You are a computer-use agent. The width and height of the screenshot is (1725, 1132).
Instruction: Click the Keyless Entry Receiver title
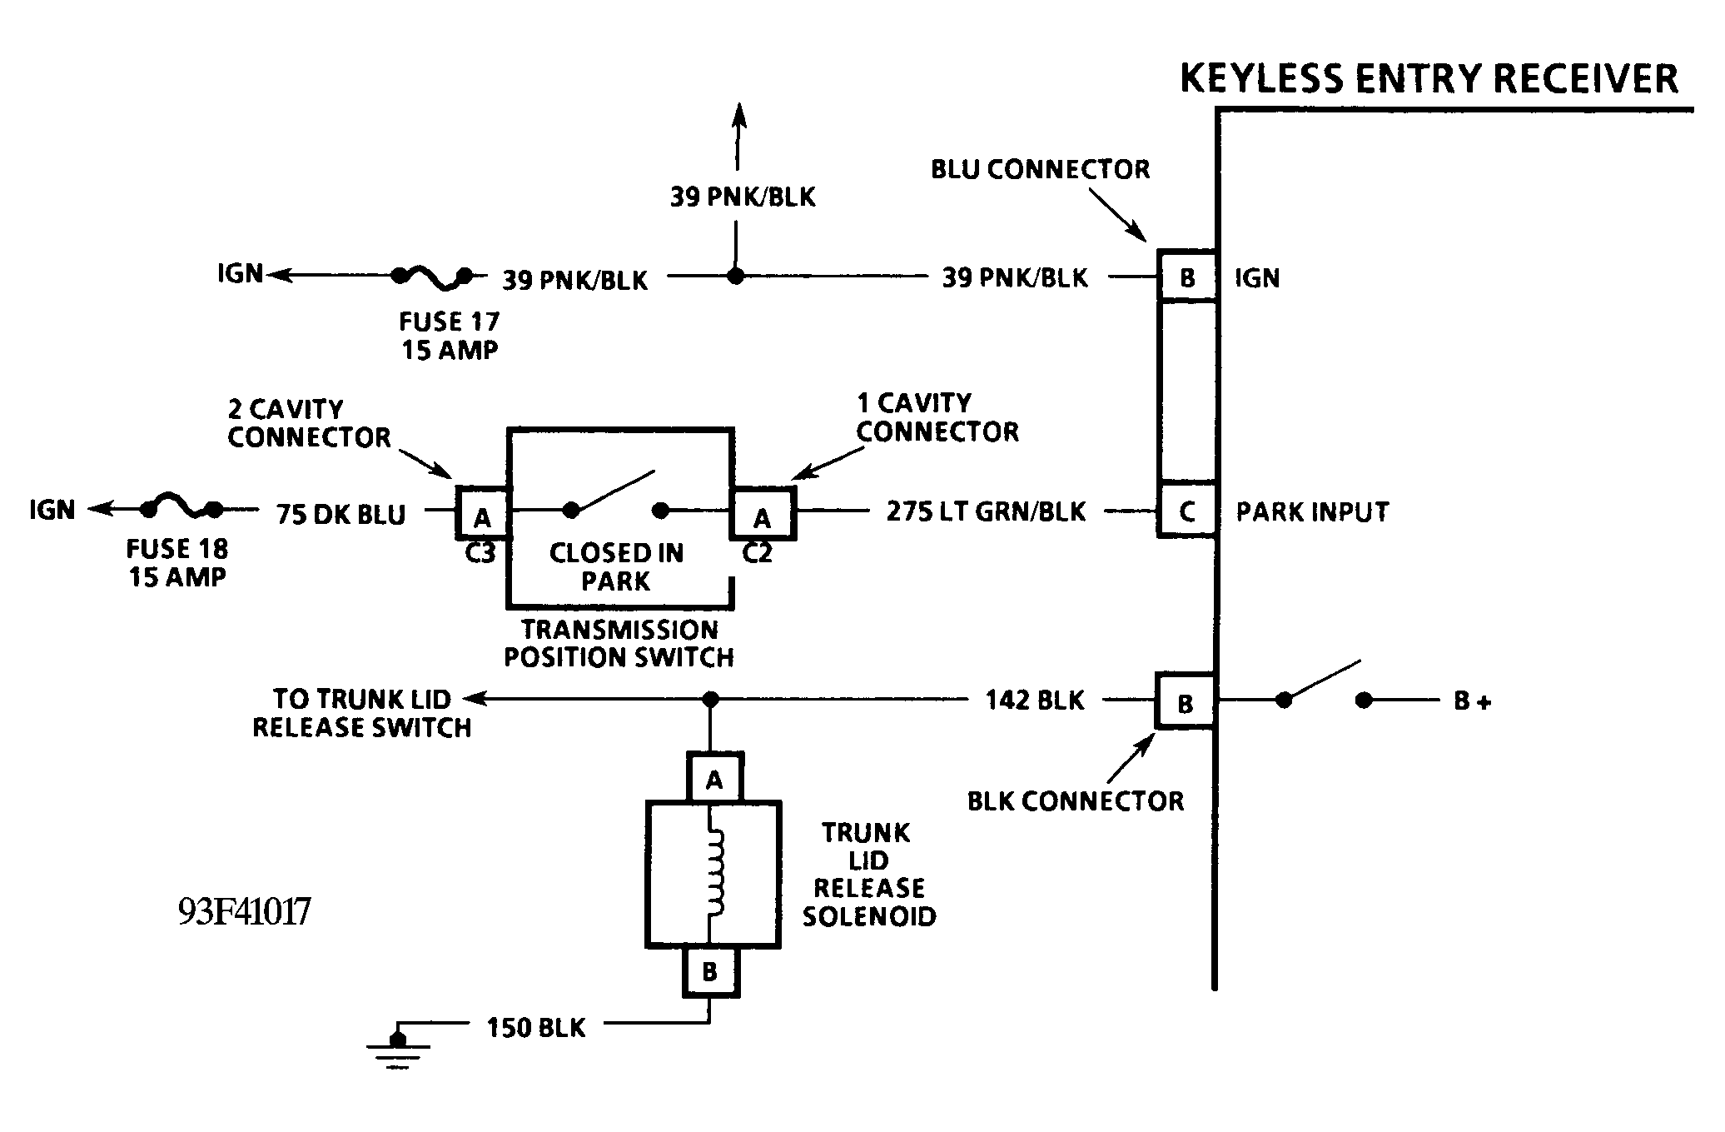click(1429, 79)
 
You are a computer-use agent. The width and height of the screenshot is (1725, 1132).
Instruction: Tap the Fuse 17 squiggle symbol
click(432, 277)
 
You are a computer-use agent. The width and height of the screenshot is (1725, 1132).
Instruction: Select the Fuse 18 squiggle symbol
click(181, 506)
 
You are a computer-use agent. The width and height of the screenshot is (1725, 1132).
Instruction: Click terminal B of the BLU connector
click(1187, 277)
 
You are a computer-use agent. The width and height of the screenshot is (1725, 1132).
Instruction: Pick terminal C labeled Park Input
click(1187, 510)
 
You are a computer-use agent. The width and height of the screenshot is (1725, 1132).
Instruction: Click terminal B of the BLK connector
click(1185, 702)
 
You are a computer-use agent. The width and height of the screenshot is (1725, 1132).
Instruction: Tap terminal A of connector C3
click(482, 516)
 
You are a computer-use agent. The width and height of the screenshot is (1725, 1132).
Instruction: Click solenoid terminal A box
click(713, 778)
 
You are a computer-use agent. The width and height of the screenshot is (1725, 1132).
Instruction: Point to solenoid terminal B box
click(710, 971)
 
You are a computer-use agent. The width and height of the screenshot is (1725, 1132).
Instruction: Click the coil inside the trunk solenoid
click(716, 874)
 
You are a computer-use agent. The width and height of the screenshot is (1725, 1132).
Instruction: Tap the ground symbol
click(399, 1048)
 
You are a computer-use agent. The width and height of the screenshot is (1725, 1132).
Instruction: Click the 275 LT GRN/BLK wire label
click(986, 511)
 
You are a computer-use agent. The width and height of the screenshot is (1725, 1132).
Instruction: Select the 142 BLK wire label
click(1035, 700)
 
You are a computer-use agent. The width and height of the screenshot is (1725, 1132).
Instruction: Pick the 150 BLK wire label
click(536, 1027)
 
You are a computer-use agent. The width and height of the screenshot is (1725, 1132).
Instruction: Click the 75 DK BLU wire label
click(341, 514)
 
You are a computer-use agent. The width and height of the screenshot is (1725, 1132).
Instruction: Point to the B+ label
click(1472, 701)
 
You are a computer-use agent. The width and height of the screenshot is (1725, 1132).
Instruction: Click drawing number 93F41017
click(245, 911)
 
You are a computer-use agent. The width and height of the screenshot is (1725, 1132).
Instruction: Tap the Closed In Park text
click(616, 566)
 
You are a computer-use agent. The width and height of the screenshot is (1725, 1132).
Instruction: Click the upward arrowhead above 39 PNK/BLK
click(738, 116)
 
